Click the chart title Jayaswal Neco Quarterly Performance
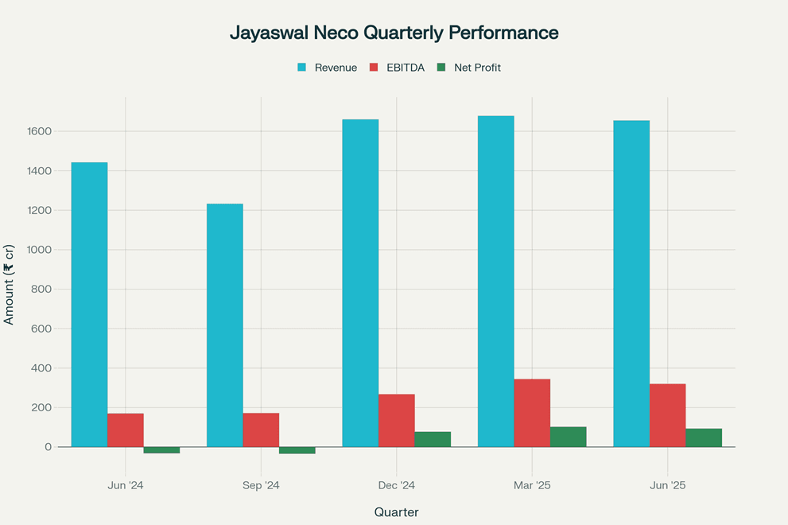(394, 33)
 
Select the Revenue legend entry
(327, 68)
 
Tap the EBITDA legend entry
(397, 68)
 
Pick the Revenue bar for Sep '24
(225, 325)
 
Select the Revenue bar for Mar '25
(495, 282)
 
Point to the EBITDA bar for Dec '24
(396, 421)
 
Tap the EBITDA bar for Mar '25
(532, 413)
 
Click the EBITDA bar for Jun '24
(126, 430)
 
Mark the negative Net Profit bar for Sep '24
(297, 450)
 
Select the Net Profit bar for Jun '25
(704, 437)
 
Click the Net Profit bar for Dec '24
(433, 439)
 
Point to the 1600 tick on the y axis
(41, 131)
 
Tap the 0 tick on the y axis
(49, 447)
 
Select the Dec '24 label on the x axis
(396, 485)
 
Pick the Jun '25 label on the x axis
(667, 485)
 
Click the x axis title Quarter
(396, 512)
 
